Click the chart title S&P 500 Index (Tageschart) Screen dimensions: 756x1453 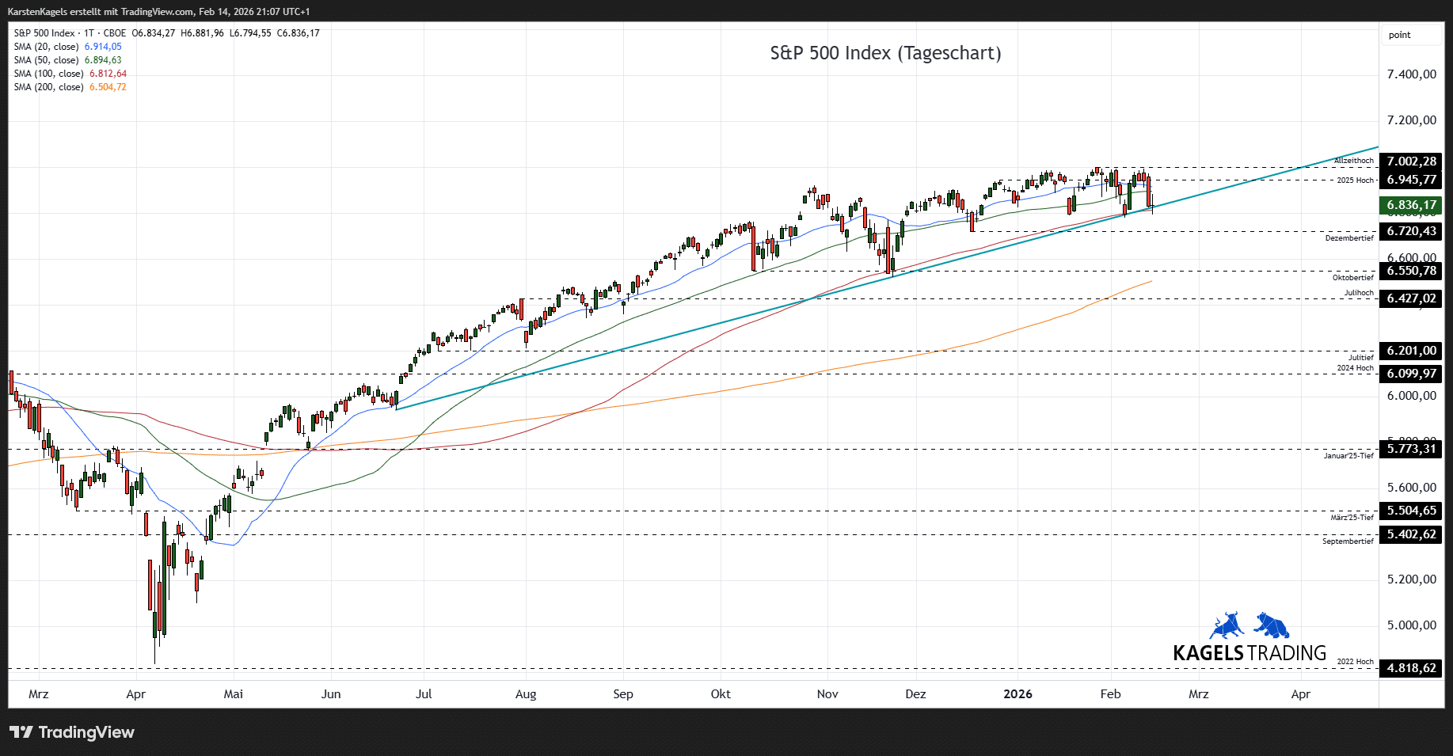pyautogui.click(x=885, y=53)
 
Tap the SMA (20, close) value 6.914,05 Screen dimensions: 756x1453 pyautogui.click(x=103, y=47)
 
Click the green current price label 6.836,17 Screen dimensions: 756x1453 pyautogui.click(x=1410, y=205)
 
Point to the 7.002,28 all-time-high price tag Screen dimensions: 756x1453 pyautogui.click(x=1410, y=161)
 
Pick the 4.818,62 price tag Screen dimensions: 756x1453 pyautogui.click(x=1410, y=668)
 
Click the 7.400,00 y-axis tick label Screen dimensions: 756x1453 pyautogui.click(x=1411, y=74)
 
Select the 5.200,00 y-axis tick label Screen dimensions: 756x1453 pyautogui.click(x=1411, y=579)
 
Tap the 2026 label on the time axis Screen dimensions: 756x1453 pyautogui.click(x=1017, y=694)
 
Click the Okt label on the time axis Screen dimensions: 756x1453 pyautogui.click(x=721, y=694)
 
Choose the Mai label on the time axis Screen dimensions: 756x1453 pyautogui.click(x=233, y=694)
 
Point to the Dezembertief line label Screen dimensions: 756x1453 pyautogui.click(x=1349, y=238)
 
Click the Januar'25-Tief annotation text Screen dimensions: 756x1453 pyautogui.click(x=1348, y=456)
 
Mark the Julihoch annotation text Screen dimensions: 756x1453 pyautogui.click(x=1359, y=293)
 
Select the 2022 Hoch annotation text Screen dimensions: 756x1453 pyautogui.click(x=1355, y=662)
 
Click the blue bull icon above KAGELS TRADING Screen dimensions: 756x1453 pyautogui.click(x=1226, y=625)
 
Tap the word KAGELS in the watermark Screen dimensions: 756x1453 pyautogui.click(x=1208, y=653)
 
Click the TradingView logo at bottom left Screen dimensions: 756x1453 pyautogui.click(x=72, y=732)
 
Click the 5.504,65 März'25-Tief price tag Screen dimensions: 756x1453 pyautogui.click(x=1410, y=511)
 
